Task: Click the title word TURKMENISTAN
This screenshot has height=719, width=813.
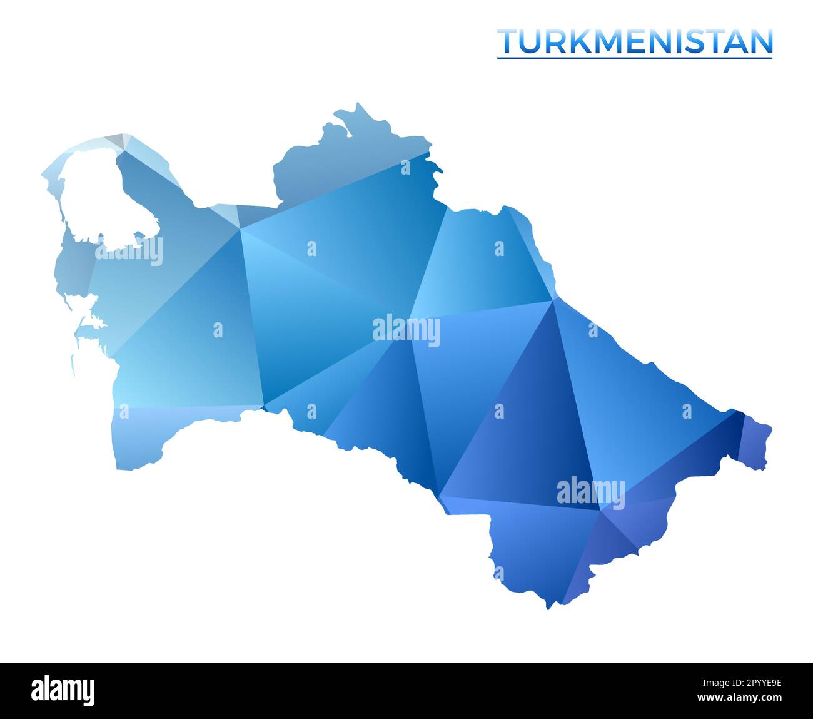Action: pos(635,42)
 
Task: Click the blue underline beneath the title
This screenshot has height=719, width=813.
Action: pos(635,58)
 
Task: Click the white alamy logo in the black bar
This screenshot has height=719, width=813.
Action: pos(63,690)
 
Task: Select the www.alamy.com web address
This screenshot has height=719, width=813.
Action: pos(740,697)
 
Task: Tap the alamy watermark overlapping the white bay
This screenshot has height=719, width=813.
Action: pos(129,252)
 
